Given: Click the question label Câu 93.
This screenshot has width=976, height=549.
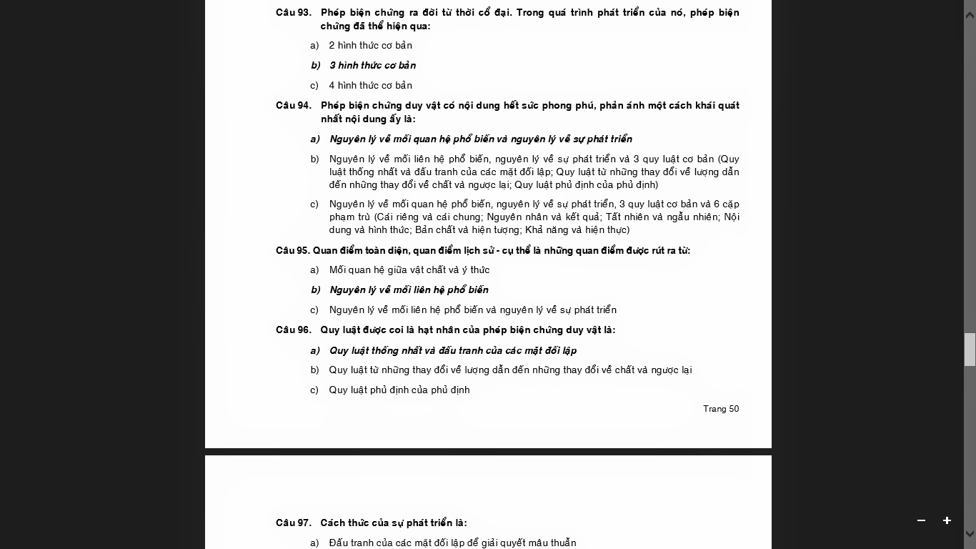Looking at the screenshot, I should coord(293,13).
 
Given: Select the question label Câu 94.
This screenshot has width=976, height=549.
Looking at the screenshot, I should coord(293,106).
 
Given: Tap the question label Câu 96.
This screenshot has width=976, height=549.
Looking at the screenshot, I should coord(293,330).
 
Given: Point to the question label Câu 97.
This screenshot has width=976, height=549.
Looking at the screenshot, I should coord(293,523).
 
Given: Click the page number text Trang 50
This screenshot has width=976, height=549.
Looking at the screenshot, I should coord(721,409).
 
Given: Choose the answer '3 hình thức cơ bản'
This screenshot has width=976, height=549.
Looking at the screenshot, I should coord(372,66).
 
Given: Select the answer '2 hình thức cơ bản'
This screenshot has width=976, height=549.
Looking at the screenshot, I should coord(370,46).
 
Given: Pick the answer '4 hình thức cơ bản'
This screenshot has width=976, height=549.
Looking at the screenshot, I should coord(370,86).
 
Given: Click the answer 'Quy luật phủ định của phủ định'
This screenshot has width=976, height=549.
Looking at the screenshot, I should coord(399,390).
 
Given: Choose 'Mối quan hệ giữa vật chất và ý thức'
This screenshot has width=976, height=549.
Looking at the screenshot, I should coord(409,270).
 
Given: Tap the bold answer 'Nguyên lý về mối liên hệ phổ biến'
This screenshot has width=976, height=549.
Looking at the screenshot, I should coord(409,290).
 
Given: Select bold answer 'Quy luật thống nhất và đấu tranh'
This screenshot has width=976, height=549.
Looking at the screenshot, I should coord(453,351).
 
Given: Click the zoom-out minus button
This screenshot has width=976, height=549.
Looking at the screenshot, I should coord(921,520).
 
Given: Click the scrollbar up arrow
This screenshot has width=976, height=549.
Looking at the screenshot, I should coord(970,15).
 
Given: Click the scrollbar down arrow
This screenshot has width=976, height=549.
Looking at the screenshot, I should coord(970,533).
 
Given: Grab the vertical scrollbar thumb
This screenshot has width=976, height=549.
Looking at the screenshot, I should coord(970,350).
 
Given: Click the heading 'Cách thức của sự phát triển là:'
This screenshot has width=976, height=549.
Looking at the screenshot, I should coord(394,523).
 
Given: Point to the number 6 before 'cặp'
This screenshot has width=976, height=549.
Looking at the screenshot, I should coord(716,204).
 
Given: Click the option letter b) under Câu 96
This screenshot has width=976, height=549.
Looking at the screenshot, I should coord(314,370).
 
